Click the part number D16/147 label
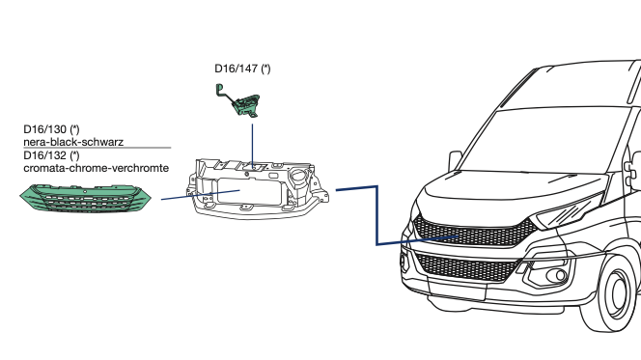coord(242,69)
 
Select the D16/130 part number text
coord(51,129)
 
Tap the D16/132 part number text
coord(51,155)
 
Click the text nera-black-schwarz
coord(73,142)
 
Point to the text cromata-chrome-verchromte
coord(97,168)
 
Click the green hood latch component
coord(238,100)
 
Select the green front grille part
coord(86,199)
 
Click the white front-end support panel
coord(258,188)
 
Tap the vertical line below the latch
coord(252,146)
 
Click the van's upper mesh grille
coord(474,232)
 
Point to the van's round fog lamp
coord(558,276)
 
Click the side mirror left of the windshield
coord(455,160)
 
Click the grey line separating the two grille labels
coord(98,148)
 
